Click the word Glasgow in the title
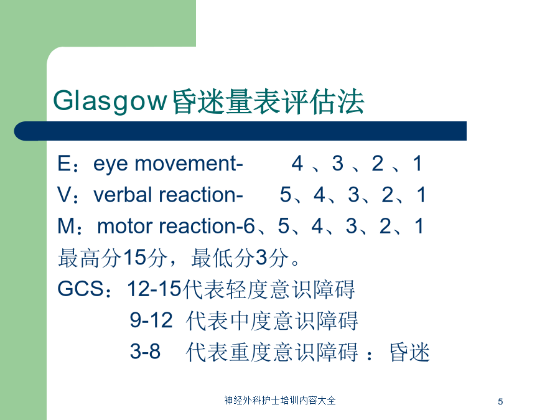pos(110,102)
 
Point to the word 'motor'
pos(125,226)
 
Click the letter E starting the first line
pos(64,163)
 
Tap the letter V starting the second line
pos(65,195)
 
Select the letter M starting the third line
pos(66,226)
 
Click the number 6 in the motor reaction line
pos(248,226)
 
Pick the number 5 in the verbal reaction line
pos(286,195)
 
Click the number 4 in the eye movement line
pos(297,163)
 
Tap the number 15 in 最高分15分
pos(134,257)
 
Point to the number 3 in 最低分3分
pos(262,257)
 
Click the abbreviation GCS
pos(81,289)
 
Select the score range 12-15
pos(154,289)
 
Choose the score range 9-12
pos(151,320)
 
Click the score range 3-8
pos(145,351)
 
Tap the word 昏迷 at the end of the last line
pos(409,352)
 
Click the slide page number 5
pos(500,402)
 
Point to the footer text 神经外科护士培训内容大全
pos(280,400)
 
